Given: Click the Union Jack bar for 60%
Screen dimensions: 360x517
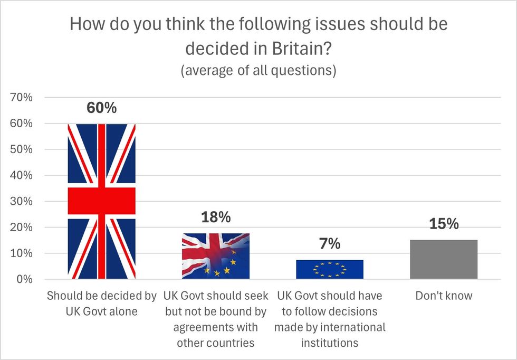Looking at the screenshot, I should tap(101, 201).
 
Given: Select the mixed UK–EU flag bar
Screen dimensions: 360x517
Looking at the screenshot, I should tap(215, 256).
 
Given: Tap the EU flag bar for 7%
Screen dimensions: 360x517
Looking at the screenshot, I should tap(330, 269).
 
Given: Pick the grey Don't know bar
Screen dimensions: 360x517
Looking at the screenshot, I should tap(444, 259).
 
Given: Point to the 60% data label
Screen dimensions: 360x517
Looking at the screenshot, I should tap(101, 108).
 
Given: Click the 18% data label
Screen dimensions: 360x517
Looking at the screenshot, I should tap(215, 217).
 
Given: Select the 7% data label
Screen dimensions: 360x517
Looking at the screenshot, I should tap(330, 244).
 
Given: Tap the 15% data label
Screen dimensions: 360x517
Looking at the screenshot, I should tap(444, 224).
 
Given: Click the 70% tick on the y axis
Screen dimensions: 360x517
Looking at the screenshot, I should tap(21, 98).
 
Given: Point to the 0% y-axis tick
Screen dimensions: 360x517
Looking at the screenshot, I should tap(24, 279).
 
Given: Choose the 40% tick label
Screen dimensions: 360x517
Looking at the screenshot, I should tap(21, 175).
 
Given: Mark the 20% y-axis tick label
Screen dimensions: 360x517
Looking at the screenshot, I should tap(21, 227).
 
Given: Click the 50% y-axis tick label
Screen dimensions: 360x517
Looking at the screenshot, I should tap(21, 149).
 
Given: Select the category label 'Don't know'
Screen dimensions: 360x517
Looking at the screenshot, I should tap(444, 296).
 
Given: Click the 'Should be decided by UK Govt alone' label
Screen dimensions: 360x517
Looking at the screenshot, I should tap(101, 303).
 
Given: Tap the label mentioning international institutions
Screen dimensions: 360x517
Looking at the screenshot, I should tap(330, 319).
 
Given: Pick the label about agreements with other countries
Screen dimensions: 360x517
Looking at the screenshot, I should tap(215, 319).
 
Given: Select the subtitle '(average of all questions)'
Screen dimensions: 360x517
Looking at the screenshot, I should tap(258, 71).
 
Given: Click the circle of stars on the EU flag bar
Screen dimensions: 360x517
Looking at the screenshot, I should tap(330, 270).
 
